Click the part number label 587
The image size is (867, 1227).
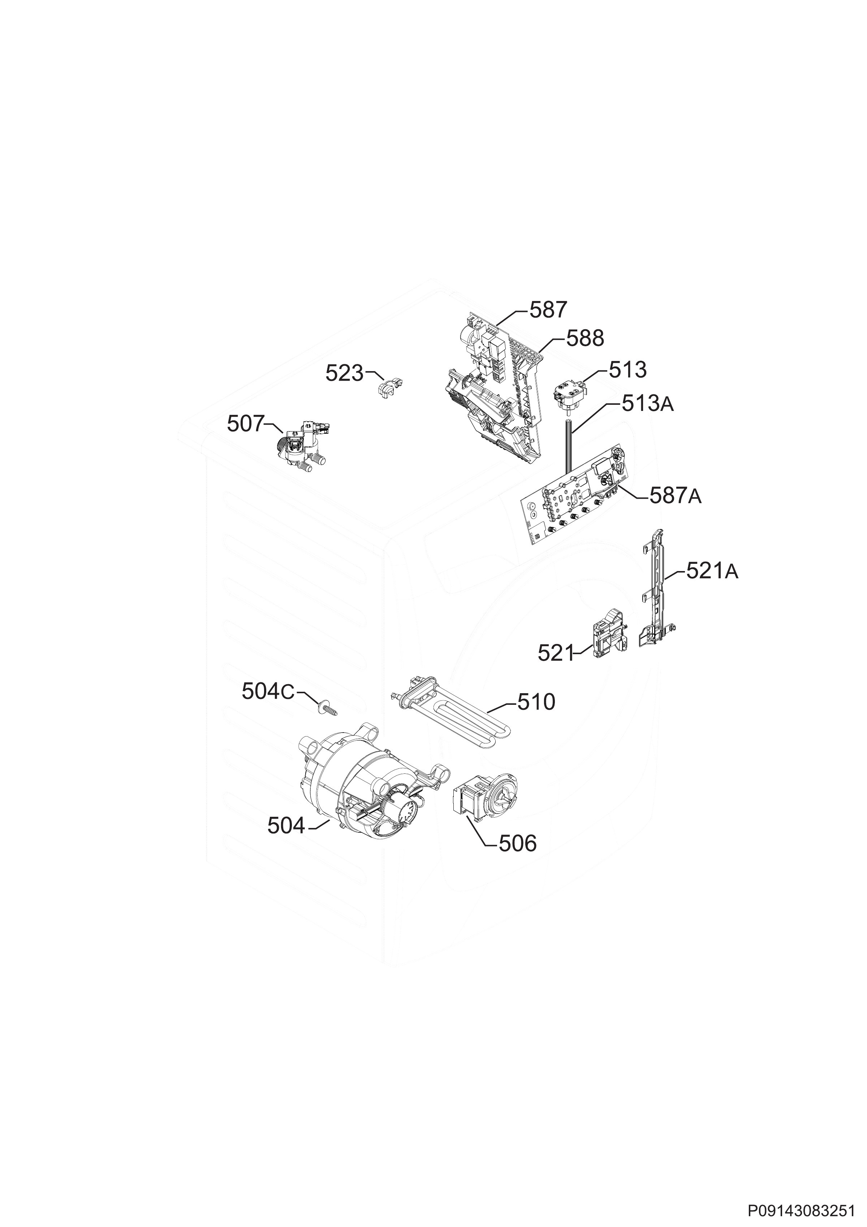pyautogui.click(x=548, y=310)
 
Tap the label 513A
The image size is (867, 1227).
pyautogui.click(x=647, y=404)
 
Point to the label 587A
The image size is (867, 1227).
pyautogui.click(x=675, y=497)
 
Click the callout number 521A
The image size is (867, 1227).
pyautogui.click(x=712, y=572)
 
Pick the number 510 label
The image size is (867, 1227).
pyautogui.click(x=536, y=702)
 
